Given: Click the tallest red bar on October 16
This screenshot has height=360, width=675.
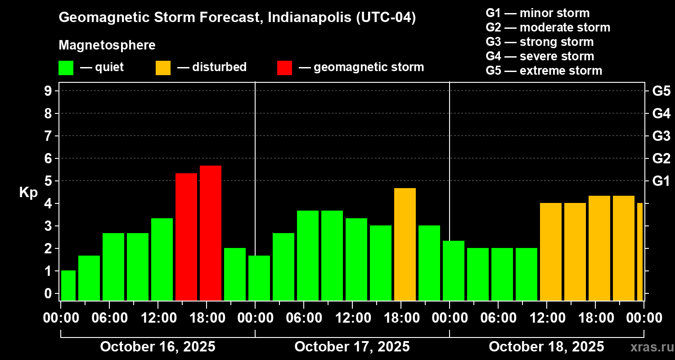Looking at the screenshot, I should pyautogui.click(x=211, y=233).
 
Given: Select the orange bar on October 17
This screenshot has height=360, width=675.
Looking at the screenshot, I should pyautogui.click(x=405, y=244).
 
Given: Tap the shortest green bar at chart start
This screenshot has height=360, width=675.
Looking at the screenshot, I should pyautogui.click(x=68, y=285).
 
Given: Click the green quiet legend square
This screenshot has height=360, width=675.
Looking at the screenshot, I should pyautogui.click(x=66, y=67).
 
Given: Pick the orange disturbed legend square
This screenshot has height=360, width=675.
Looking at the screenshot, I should pyautogui.click(x=163, y=67).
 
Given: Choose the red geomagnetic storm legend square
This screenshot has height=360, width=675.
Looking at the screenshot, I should pyautogui.click(x=284, y=67).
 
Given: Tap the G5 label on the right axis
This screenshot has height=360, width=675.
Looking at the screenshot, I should pyautogui.click(x=661, y=91).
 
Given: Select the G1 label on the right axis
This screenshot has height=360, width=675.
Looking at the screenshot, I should pyautogui.click(x=661, y=181).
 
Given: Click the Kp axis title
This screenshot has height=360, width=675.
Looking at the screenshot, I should pyautogui.click(x=28, y=193).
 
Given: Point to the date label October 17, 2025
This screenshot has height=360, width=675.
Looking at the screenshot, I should pyautogui.click(x=352, y=346).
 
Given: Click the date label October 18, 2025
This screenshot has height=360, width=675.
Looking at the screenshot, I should pyautogui.click(x=546, y=346).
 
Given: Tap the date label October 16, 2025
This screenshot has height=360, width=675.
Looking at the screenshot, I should pyautogui.click(x=157, y=346).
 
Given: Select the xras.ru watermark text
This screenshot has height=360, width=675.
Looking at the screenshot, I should pyautogui.click(x=649, y=347).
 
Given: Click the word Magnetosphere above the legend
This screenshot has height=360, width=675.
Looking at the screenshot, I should pyautogui.click(x=107, y=45).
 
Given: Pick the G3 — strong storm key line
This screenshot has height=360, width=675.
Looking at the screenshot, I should pyautogui.click(x=540, y=42).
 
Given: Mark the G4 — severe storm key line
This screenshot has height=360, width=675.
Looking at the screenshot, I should pyautogui.click(x=540, y=56).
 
